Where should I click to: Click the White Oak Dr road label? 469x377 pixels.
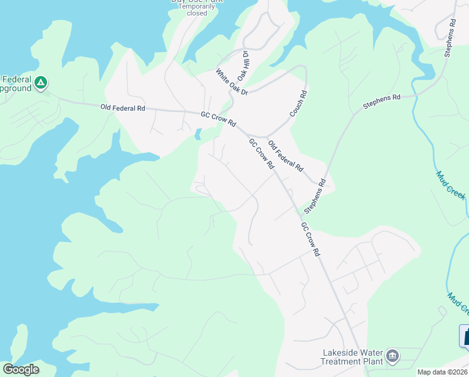click(233, 82)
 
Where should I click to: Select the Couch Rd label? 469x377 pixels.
click(298, 103)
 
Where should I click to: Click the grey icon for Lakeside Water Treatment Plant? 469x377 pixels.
click(393, 356)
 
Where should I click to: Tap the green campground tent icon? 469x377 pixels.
click(41, 82)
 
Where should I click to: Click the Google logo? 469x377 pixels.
click(21, 369)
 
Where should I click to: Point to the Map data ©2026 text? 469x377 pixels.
click(442, 372)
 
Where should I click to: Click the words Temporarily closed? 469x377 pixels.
click(196, 9)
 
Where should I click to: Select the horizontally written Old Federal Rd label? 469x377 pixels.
click(123, 108)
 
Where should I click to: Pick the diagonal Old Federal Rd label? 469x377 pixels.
click(286, 156)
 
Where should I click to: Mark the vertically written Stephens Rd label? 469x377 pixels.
click(450, 38)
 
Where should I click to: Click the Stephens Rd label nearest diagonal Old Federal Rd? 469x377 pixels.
click(315, 195)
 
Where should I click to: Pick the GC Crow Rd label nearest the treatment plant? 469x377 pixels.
click(310, 239)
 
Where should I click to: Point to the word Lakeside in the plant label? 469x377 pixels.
click(344, 352)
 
